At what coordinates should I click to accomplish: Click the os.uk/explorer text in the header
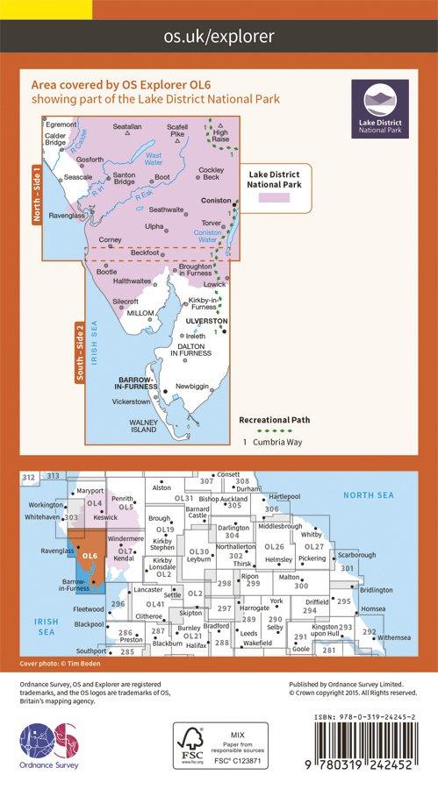pyautogui.click(x=219, y=36)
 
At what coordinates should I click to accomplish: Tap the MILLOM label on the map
pyautogui.click(x=141, y=313)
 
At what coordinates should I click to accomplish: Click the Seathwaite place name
pyautogui.click(x=166, y=210)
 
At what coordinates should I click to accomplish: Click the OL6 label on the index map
pyautogui.click(x=89, y=554)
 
